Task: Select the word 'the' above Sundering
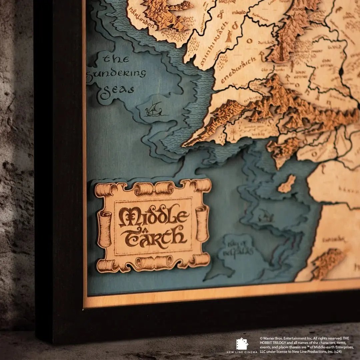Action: (116, 59)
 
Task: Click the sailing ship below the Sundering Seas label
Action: (153, 110)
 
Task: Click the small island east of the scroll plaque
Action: (287, 184)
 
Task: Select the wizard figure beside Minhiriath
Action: (229, 37)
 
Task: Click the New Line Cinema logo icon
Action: (242, 344)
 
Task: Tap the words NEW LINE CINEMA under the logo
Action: (242, 352)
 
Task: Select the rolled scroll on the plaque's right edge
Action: (202, 223)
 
